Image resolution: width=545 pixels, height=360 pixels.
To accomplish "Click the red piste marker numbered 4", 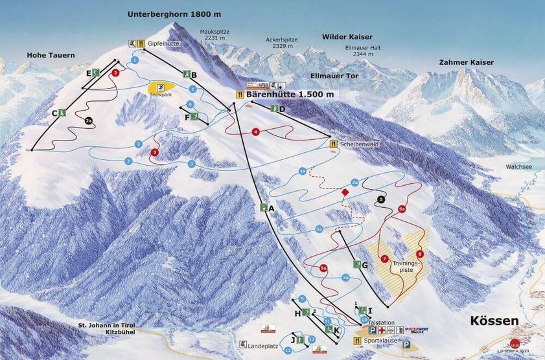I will (256, 132).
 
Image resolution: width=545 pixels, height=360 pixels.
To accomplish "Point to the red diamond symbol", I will (345, 192).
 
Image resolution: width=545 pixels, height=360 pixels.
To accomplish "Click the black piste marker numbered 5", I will (381, 199).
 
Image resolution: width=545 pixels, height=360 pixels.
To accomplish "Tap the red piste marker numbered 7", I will (384, 259).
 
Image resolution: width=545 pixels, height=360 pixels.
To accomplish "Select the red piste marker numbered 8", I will (420, 254).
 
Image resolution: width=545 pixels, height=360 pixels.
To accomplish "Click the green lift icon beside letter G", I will (357, 264).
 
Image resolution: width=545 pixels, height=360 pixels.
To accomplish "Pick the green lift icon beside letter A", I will (263, 208).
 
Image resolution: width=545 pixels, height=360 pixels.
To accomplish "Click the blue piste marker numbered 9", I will (302, 298).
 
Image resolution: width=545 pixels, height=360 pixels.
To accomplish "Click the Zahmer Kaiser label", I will (466, 62).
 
